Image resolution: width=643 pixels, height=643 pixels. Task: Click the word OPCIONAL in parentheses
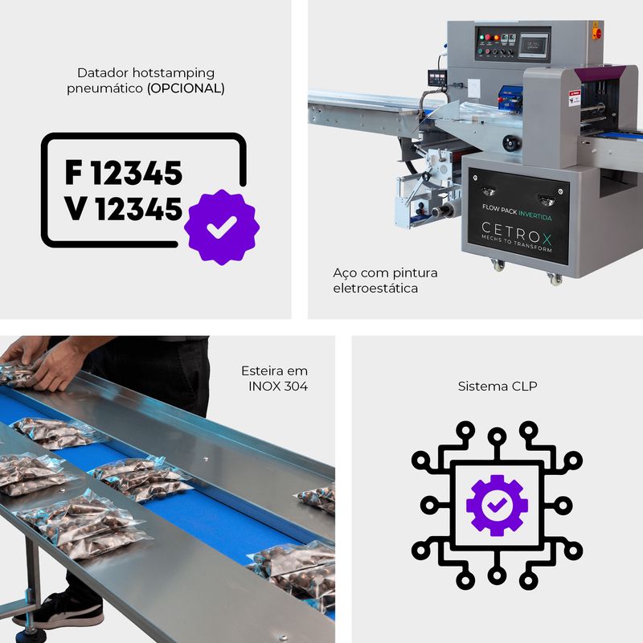coord(186,88)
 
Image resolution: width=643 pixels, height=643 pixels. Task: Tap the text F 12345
coord(124,173)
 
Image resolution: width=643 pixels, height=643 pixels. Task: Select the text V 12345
coord(123,208)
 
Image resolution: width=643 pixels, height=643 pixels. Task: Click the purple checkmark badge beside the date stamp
coord(222,227)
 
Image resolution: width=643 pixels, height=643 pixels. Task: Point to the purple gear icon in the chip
coord(497,506)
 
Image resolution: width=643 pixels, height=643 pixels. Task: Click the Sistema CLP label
coord(498,387)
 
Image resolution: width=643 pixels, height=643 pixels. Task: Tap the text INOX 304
coord(278,387)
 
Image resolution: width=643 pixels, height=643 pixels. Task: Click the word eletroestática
coord(375,289)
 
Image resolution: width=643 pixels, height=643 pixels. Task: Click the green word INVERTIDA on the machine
coord(534,215)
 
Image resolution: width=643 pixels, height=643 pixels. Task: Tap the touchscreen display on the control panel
coord(534,44)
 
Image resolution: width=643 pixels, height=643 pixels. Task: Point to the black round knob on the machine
coord(511,143)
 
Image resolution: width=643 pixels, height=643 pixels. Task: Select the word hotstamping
coord(174,73)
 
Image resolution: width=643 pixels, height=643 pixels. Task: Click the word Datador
coord(103,73)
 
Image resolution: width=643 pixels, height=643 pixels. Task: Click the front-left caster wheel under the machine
coord(498,265)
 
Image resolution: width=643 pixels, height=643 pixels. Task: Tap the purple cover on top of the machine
coord(599,73)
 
